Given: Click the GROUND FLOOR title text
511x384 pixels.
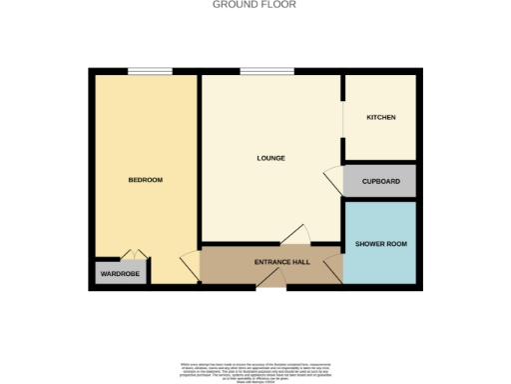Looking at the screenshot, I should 255,5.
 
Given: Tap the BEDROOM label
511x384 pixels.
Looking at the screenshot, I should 145,180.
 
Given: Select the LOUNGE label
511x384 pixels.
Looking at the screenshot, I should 270,158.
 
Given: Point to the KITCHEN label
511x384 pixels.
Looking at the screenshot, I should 380,118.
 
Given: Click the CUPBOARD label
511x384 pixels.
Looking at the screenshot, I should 380,181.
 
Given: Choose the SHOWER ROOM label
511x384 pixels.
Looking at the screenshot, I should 380,244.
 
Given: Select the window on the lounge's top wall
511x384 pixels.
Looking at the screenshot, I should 266,71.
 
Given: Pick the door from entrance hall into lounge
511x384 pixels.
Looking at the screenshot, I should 295,236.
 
